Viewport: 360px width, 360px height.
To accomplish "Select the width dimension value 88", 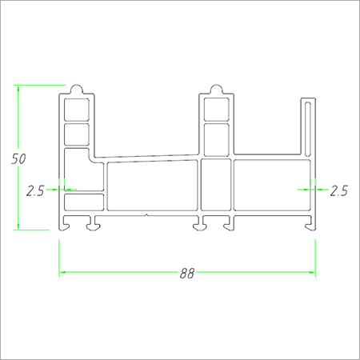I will pyautogui.click(x=186, y=273).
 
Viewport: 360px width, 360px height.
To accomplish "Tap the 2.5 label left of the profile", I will pyautogui.click(x=35, y=190).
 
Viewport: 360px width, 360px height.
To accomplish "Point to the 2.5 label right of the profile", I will pyautogui.click(x=338, y=190).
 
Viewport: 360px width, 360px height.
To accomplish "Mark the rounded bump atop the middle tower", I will pyautogui.click(x=216, y=88).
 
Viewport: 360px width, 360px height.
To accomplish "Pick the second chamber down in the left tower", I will pyautogui.click(x=77, y=133).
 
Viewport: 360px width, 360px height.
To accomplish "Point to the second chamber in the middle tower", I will pyautogui.click(x=216, y=136).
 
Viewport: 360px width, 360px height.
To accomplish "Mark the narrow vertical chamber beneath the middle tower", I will pyautogui.click(x=216, y=186).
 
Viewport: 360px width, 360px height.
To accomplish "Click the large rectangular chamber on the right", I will pyautogui.click(x=272, y=186).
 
